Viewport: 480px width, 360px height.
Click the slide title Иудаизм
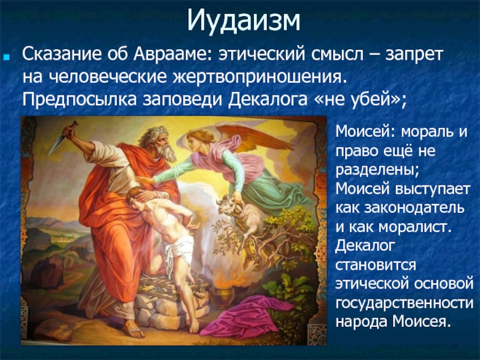(244, 21)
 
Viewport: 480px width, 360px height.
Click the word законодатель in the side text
(414, 208)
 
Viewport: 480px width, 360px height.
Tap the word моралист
(415, 227)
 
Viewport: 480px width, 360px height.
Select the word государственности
(404, 304)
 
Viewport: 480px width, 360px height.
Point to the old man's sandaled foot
(134, 329)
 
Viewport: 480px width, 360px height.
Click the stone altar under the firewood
(170, 306)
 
